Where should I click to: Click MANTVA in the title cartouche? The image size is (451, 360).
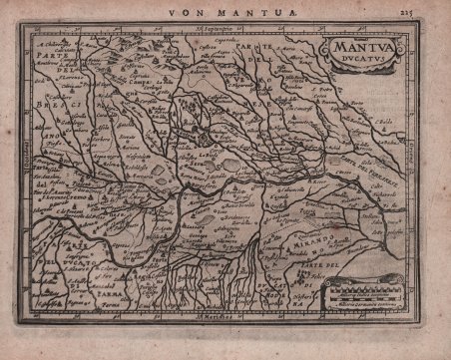tap(355, 44)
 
